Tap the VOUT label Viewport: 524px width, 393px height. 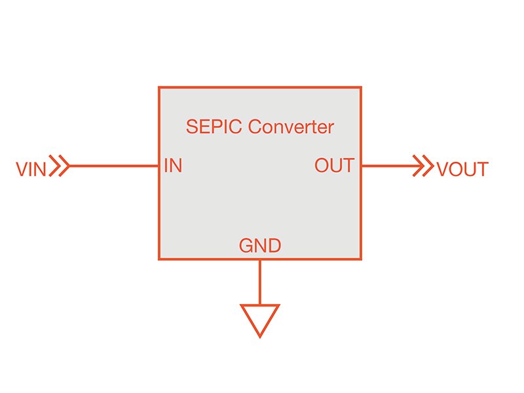click(x=462, y=169)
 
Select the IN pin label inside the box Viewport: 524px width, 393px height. click(x=173, y=166)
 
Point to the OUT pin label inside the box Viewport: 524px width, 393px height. click(x=334, y=166)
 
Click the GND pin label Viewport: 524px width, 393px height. click(x=260, y=246)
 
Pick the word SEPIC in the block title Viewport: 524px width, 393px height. click(x=214, y=126)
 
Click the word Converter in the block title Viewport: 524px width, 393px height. click(x=291, y=126)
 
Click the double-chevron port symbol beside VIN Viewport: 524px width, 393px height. click(x=60, y=166)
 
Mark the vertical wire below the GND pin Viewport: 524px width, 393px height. click(x=260, y=282)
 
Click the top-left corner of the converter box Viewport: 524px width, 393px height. click(x=159, y=87)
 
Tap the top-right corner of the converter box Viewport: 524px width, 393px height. click(x=361, y=87)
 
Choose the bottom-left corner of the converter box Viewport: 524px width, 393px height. click(x=159, y=259)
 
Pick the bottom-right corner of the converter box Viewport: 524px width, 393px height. click(x=361, y=259)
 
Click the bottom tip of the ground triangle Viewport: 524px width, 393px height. click(x=260, y=336)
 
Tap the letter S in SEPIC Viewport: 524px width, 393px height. click(x=192, y=126)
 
